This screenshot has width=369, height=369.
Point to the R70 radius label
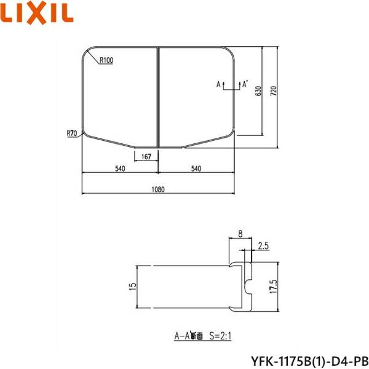click(73, 132)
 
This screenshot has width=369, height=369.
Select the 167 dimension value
click(146, 157)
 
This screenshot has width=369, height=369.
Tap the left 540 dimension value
click(119, 169)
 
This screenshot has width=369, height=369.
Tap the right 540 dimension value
click(196, 169)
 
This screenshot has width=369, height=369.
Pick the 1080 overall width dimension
click(157, 190)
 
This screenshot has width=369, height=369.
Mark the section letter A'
click(245, 82)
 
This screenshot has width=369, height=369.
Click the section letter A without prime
click(218, 82)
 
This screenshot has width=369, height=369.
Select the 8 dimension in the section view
click(239, 234)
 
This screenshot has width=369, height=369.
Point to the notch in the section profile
click(247, 284)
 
